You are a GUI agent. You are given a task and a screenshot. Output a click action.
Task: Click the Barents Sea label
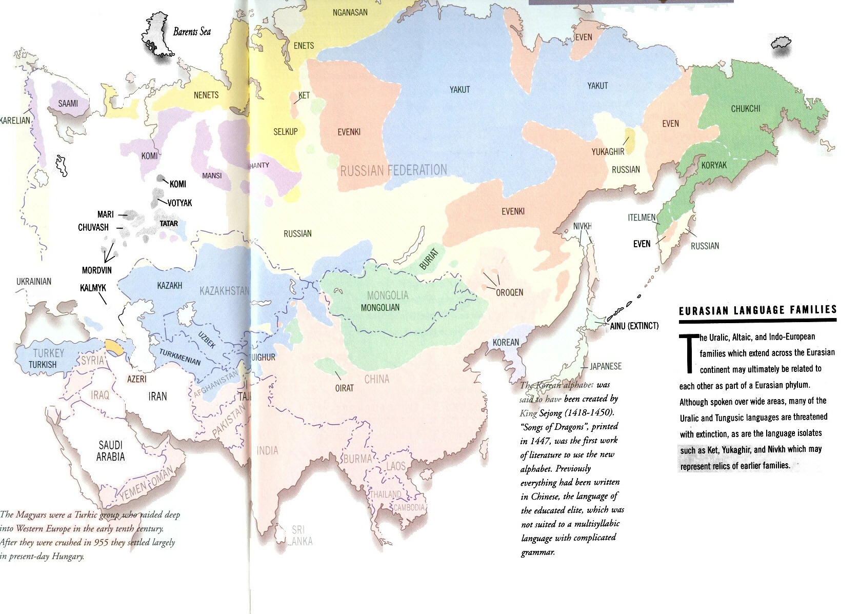[x=192, y=32]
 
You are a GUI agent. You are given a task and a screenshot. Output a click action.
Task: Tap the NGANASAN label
[x=350, y=12]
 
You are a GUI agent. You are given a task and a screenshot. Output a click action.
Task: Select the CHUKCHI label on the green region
[x=745, y=109]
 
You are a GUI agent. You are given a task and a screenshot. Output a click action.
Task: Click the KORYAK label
[x=714, y=165]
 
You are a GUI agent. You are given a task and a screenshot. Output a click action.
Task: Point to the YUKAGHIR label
[x=608, y=152]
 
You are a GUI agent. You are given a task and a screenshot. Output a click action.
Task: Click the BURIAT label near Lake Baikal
[x=429, y=259]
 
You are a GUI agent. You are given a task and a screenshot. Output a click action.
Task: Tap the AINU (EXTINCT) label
[x=634, y=326]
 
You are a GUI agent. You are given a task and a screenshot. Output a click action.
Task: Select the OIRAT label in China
[x=344, y=388]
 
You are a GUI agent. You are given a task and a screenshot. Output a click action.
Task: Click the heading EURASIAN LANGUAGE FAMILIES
[x=757, y=310]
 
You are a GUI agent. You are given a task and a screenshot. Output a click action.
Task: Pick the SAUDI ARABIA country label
[x=110, y=451]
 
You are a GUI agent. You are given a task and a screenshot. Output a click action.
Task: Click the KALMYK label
[x=93, y=288]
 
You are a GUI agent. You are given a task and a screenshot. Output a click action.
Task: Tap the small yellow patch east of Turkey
[x=114, y=347]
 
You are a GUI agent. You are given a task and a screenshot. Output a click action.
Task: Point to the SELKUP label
[x=285, y=132]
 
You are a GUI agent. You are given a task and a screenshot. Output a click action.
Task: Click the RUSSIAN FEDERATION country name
[x=393, y=170]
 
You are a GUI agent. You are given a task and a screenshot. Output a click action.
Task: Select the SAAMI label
[x=68, y=104]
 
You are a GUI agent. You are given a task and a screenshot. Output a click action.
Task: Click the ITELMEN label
[x=642, y=217]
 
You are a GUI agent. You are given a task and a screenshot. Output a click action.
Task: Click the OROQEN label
[x=509, y=292]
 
